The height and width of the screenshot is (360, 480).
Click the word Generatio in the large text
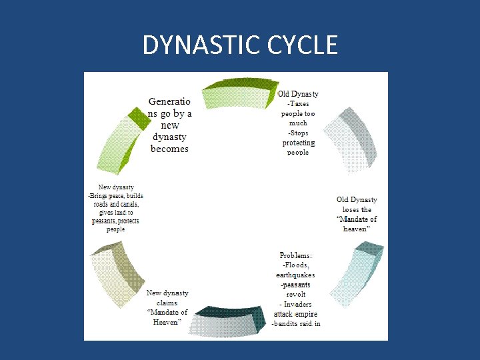click(x=169, y=102)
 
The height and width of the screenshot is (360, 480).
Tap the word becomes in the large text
click(x=169, y=149)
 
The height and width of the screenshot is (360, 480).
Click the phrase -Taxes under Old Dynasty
click(x=298, y=104)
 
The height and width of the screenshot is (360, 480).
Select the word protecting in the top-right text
click(x=298, y=143)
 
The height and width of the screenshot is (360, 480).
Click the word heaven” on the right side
click(x=357, y=229)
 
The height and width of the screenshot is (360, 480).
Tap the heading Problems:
click(x=296, y=255)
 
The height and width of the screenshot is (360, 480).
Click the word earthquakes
click(x=295, y=275)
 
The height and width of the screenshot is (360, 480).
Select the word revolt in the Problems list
click(x=296, y=294)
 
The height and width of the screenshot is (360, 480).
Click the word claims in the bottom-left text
click(x=167, y=303)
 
